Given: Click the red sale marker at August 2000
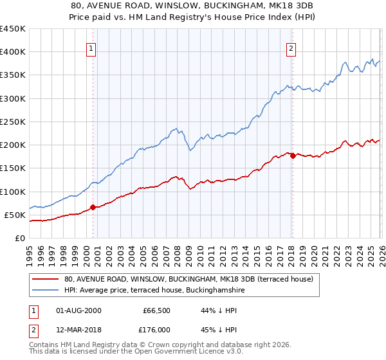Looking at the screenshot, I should [x=93, y=207].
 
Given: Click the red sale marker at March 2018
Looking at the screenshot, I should [x=293, y=156].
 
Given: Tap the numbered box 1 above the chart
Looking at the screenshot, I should [x=91, y=48].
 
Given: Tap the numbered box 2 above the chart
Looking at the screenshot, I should [x=291, y=48].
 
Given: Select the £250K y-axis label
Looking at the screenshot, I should [x=13, y=122].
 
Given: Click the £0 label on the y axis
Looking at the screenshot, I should [x=19, y=238].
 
